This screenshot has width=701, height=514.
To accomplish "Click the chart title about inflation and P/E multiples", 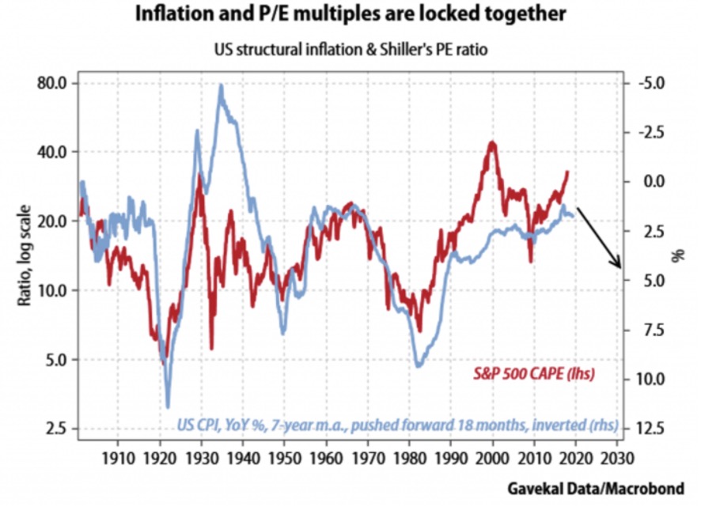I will tap(350, 15).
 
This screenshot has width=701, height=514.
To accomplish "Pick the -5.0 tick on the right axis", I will tap(649, 83).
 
